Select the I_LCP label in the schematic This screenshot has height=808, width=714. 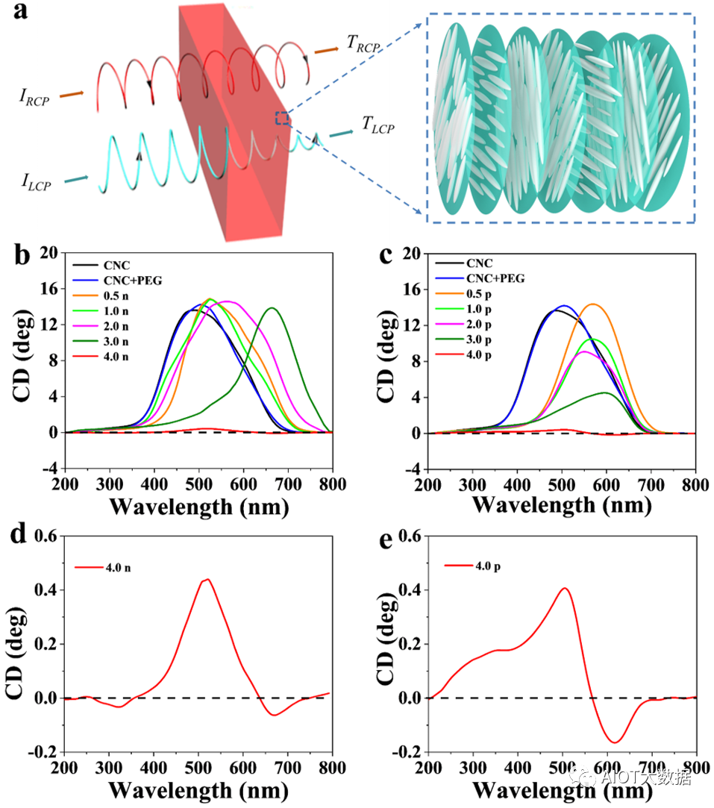point(37,181)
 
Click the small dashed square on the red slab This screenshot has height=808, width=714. point(282,118)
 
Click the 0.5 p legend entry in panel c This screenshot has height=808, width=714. point(483,294)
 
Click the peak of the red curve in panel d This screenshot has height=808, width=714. point(208,579)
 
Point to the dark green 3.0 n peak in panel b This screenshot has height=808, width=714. point(272,308)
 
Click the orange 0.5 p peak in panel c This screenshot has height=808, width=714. point(593,304)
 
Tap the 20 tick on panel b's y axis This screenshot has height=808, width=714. point(48,252)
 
